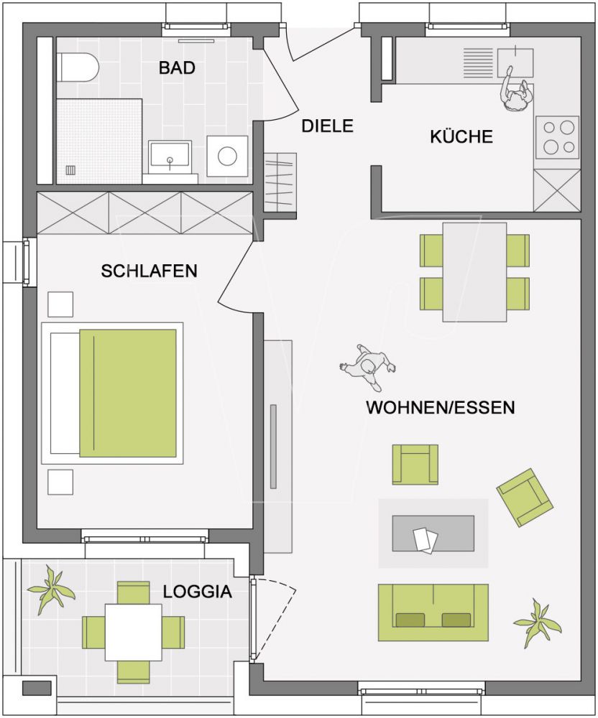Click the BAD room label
point(178,68)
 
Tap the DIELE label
point(327,126)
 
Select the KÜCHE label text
point(461,136)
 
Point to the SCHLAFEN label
point(149,271)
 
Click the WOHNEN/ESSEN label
point(441,408)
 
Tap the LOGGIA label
point(198,592)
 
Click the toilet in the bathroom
point(78,67)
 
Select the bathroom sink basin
point(170,154)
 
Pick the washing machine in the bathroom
point(227,156)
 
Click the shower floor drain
point(71,170)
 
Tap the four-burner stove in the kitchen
point(558,137)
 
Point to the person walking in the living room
point(369,367)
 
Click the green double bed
point(127,393)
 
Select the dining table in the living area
point(474,271)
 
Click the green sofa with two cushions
point(433,612)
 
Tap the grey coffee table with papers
point(432,533)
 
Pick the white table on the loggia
point(133,632)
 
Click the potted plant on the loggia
point(51,589)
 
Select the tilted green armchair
point(525,497)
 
